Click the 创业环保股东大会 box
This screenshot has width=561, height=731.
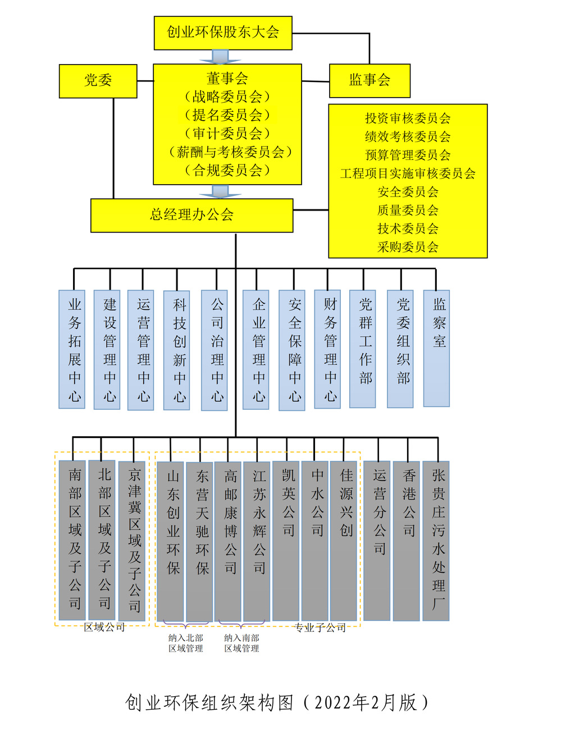[x=223, y=33]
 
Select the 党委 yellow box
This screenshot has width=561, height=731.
[x=98, y=81]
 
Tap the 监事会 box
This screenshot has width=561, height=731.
[x=370, y=80]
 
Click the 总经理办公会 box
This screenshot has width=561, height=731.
[x=191, y=215]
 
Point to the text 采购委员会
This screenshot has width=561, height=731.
[x=408, y=247]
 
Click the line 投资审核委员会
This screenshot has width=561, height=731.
[x=408, y=118]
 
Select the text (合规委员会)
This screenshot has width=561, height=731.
[x=227, y=170]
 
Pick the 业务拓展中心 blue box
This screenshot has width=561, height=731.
[x=72, y=349]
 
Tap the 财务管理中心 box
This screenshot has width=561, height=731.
[x=328, y=349]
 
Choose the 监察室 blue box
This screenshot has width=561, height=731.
[x=436, y=348]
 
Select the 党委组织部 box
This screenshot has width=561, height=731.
[x=400, y=349]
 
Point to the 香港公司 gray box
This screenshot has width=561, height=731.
[x=407, y=541]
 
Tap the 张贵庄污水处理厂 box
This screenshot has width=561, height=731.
[x=436, y=541]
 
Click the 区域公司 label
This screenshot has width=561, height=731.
[x=104, y=628]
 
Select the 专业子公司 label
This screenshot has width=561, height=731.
[x=320, y=628]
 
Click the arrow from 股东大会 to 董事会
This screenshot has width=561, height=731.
[x=220, y=57]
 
